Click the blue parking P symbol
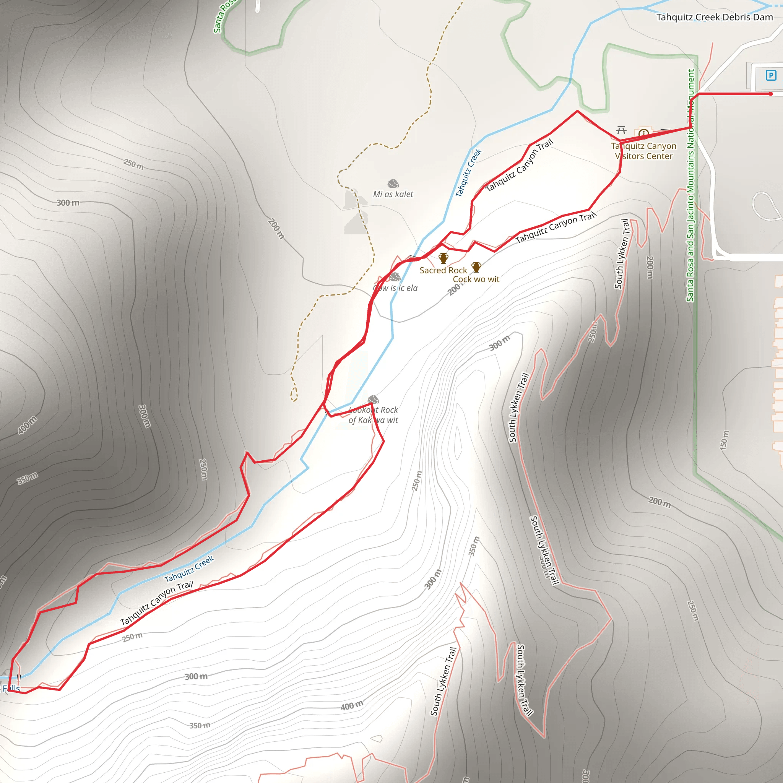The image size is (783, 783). click(x=770, y=75)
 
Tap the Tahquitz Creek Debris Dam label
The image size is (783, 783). click(x=714, y=18)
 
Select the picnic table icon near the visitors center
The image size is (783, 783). click(x=621, y=130)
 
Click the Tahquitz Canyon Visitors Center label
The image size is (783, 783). click(x=643, y=151)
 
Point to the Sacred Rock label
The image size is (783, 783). click(x=443, y=270)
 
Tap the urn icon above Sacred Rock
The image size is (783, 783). click(x=443, y=258)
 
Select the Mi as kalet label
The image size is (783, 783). click(x=393, y=195)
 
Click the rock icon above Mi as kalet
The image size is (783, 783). click(x=393, y=184)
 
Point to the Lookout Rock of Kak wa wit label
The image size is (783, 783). click(x=373, y=415)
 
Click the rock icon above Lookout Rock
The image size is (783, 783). click(x=373, y=400)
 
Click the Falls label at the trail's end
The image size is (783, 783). click(x=11, y=688)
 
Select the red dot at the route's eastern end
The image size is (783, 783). click(x=770, y=94)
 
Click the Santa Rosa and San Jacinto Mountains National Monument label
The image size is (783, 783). click(x=690, y=185)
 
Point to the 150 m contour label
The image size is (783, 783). click(x=724, y=440)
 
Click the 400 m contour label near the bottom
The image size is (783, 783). click(x=351, y=706)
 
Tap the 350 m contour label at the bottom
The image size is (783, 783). click(x=200, y=725)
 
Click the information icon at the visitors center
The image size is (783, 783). click(x=643, y=133)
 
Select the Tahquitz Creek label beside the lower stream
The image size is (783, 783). click(x=189, y=569)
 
